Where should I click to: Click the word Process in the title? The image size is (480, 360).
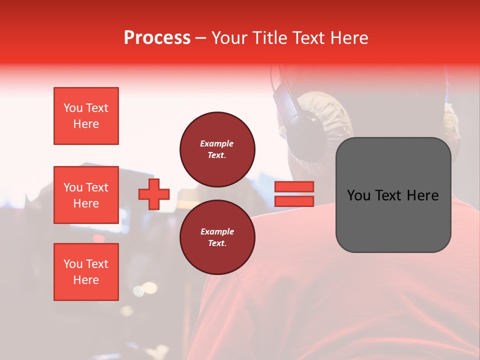point(157,38)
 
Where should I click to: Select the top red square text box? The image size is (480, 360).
point(86,116)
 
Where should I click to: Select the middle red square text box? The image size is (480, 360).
point(86,195)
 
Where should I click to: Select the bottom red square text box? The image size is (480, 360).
point(86,272)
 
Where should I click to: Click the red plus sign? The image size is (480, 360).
point(154,194)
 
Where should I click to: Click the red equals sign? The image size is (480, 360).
point(294,194)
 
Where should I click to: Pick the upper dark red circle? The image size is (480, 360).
point(217,149)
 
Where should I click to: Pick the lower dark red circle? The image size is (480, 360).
point(217,237)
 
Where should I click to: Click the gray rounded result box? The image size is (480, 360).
point(393,195)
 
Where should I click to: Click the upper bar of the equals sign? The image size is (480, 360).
point(294,186)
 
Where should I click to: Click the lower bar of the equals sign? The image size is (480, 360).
point(294,201)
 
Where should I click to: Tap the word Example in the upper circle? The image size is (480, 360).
point(217,143)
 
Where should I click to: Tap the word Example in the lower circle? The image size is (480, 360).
point(217,231)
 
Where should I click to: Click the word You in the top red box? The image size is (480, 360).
point(73,108)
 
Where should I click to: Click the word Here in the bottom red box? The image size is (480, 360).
point(86,280)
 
